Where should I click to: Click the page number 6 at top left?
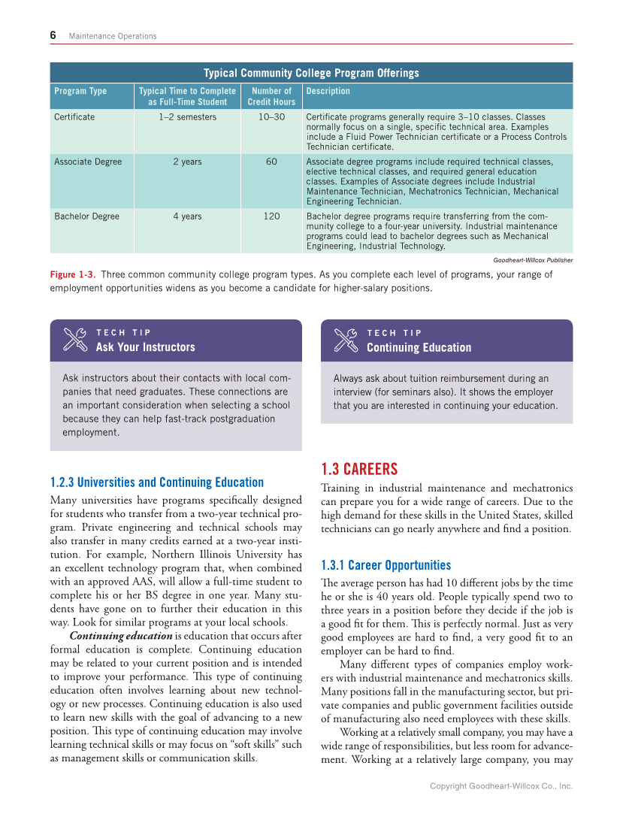[x=53, y=35]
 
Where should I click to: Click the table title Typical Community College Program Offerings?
[x=311, y=73]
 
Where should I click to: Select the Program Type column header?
[x=80, y=91]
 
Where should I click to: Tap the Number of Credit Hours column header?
[x=271, y=96]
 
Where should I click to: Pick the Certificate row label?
[x=74, y=117]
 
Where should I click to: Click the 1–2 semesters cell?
[x=187, y=117]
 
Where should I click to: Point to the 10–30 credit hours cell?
[x=271, y=117]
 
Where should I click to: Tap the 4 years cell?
[x=187, y=216]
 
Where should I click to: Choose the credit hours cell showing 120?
[x=271, y=216]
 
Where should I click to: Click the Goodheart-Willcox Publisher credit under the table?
[x=533, y=260]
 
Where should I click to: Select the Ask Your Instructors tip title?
[x=145, y=347]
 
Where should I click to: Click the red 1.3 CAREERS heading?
[x=358, y=470]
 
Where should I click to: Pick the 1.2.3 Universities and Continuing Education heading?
[x=156, y=483]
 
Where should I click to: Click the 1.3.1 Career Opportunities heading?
[x=386, y=565]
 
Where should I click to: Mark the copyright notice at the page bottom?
[x=500, y=786]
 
